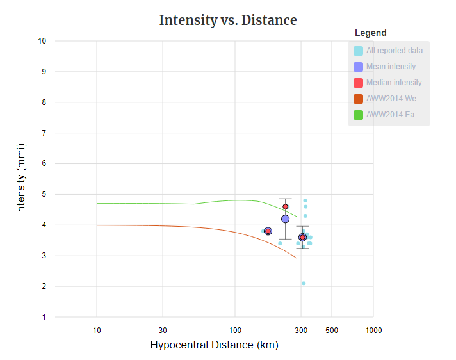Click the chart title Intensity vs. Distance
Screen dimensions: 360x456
pyautogui.click(x=227, y=20)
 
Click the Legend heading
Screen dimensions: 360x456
pyautogui.click(x=370, y=33)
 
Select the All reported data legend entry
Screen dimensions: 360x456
pyautogui.click(x=394, y=51)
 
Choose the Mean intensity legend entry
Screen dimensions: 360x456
pyautogui.click(x=394, y=67)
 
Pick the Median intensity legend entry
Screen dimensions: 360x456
pyautogui.click(x=394, y=83)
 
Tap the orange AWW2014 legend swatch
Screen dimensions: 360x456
pyautogui.click(x=359, y=99)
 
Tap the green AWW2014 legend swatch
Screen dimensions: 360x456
pyautogui.click(x=359, y=115)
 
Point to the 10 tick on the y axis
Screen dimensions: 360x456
pyautogui.click(x=42, y=41)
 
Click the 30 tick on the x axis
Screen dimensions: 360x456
pyautogui.click(x=163, y=331)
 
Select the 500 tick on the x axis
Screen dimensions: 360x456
pyautogui.click(x=332, y=331)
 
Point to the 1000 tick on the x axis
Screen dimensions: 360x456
pyautogui.click(x=373, y=331)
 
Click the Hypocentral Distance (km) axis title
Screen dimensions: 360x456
pyautogui.click(x=214, y=345)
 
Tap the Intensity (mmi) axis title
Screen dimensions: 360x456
pyautogui.click(x=21, y=179)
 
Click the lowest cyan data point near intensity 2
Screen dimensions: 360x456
pyautogui.click(x=304, y=283)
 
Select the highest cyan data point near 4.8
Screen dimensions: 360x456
pyautogui.click(x=305, y=200)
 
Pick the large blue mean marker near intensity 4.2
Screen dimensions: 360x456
pyautogui.click(x=286, y=219)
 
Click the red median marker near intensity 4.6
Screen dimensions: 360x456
pyautogui.click(x=286, y=207)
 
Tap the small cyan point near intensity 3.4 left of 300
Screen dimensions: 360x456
pyautogui.click(x=280, y=243)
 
